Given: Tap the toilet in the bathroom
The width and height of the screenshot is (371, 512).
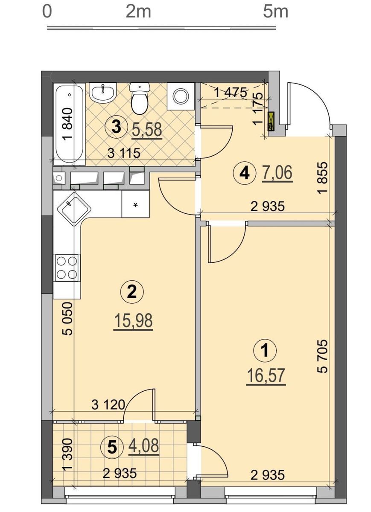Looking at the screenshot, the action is click(140, 99).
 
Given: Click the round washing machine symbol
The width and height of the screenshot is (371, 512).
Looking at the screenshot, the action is click(181, 96).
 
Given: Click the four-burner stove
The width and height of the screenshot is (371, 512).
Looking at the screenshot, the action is click(67, 268).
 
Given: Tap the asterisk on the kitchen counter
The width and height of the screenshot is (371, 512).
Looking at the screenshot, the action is click(136, 205).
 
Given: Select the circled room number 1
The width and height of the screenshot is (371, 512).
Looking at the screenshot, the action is click(265, 350).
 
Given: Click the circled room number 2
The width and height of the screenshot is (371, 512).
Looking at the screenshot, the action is click(132, 292).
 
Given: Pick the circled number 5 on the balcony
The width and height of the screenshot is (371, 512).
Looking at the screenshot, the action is click(112, 441).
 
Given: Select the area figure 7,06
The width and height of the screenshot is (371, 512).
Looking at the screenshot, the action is click(277, 173).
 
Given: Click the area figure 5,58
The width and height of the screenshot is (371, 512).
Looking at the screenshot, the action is click(146, 130).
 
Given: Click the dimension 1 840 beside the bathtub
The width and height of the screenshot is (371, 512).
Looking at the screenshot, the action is click(68, 124).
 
